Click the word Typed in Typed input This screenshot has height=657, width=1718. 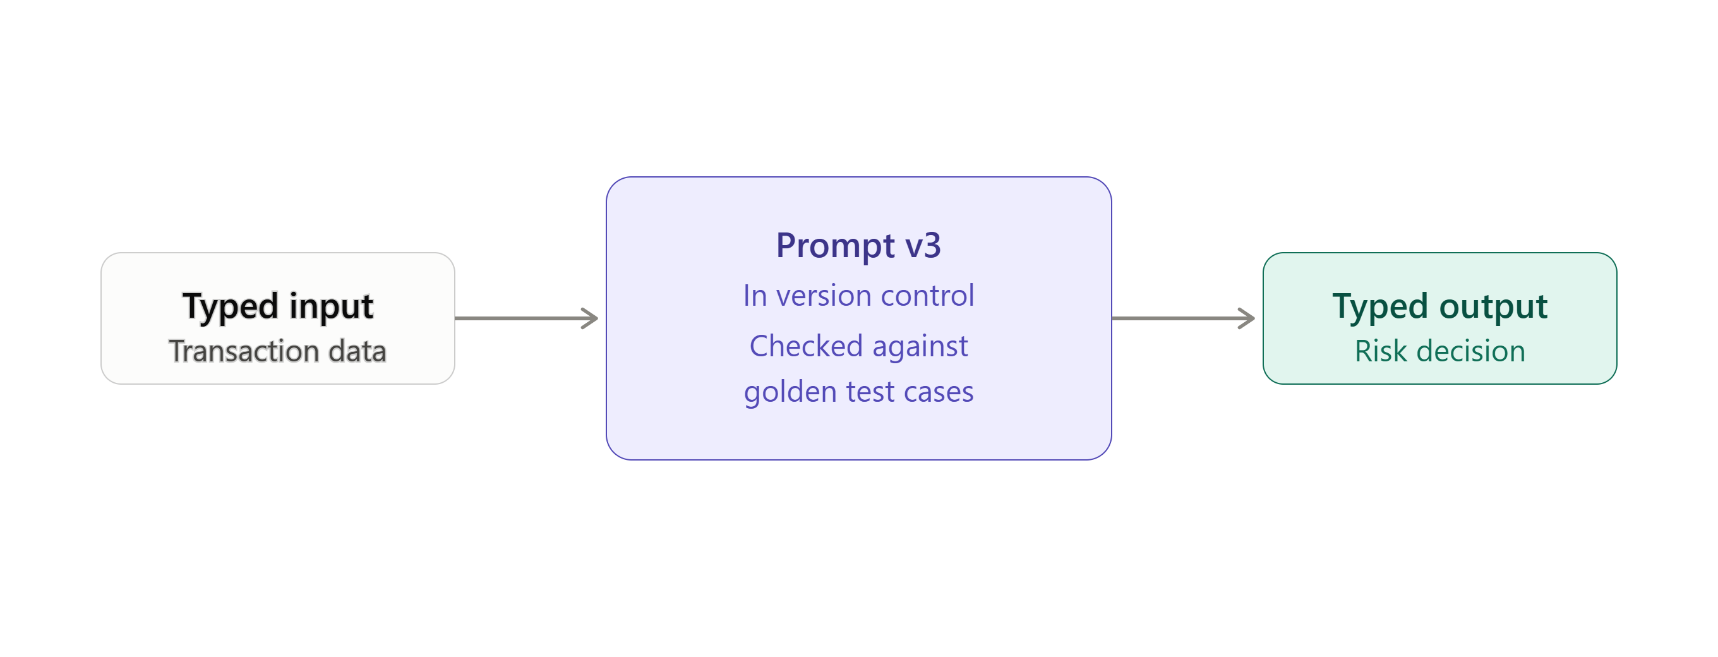coord(230,308)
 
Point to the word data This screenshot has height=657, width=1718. coord(357,351)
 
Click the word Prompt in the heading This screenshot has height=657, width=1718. coord(835,246)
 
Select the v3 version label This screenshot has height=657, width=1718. coord(923,246)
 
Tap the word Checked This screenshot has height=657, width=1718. coord(807,346)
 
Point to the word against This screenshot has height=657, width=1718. coord(920,347)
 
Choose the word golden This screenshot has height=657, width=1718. coord(790,392)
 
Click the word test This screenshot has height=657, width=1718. coord(870,392)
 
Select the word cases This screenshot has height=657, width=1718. coord(939,392)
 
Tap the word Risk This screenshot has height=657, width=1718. coord(1381,351)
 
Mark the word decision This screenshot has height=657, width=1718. coord(1470,351)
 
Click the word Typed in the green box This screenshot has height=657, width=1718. coord(1381,308)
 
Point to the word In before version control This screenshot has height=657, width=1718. coord(755,296)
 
